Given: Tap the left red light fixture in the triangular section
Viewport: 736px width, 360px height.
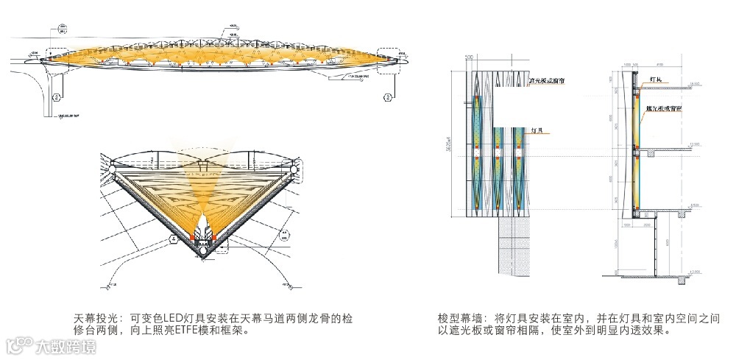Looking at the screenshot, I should tap(194, 236).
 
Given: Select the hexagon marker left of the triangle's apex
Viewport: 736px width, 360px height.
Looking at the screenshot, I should tap(174, 239).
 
